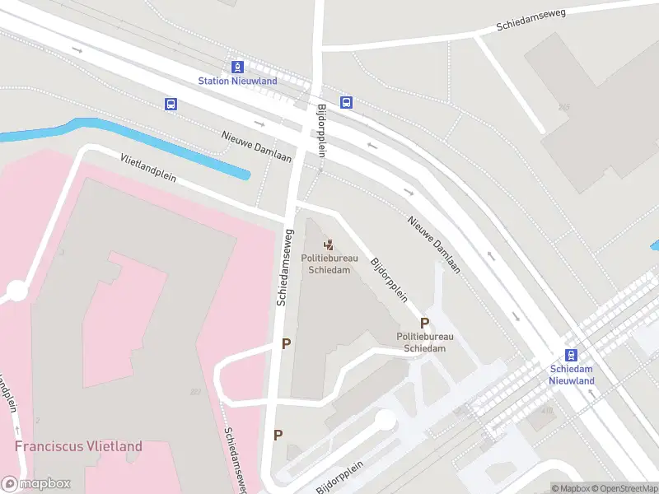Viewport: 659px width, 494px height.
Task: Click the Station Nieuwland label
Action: (237, 81)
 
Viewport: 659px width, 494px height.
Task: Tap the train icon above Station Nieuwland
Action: (237, 66)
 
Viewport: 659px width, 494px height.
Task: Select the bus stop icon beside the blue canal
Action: (171, 104)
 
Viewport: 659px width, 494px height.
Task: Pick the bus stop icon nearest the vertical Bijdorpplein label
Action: (347, 103)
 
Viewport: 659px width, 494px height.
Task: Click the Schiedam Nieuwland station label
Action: (572, 375)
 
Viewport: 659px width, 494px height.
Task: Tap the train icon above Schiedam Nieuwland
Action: (572, 354)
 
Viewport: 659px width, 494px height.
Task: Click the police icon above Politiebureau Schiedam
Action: (329, 245)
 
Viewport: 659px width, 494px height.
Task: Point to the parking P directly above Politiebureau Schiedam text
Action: (425, 324)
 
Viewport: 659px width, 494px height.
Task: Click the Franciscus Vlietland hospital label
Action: (78, 446)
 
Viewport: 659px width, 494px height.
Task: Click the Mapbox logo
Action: (36, 484)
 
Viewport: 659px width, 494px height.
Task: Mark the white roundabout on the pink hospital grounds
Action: (16, 291)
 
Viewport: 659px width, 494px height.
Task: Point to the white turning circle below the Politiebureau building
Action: (385, 419)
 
